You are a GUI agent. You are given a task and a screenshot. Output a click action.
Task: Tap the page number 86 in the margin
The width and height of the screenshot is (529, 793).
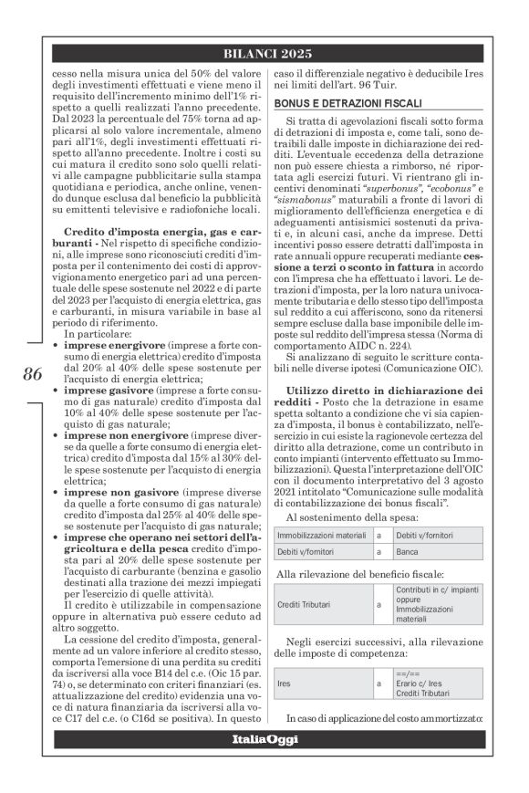pyautogui.click(x=33, y=375)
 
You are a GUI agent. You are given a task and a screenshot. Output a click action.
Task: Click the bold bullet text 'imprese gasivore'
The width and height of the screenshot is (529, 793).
pyautogui.click(x=96, y=390)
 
